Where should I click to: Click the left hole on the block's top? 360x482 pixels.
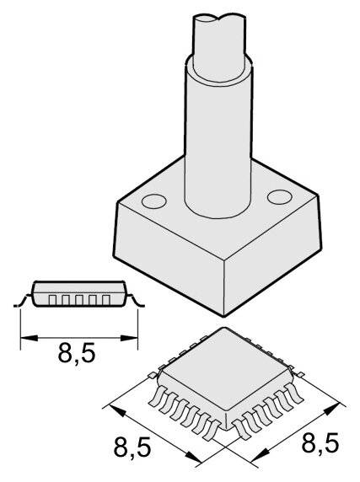pyautogui.click(x=153, y=202)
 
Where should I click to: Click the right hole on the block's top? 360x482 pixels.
pyautogui.click(x=277, y=196)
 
